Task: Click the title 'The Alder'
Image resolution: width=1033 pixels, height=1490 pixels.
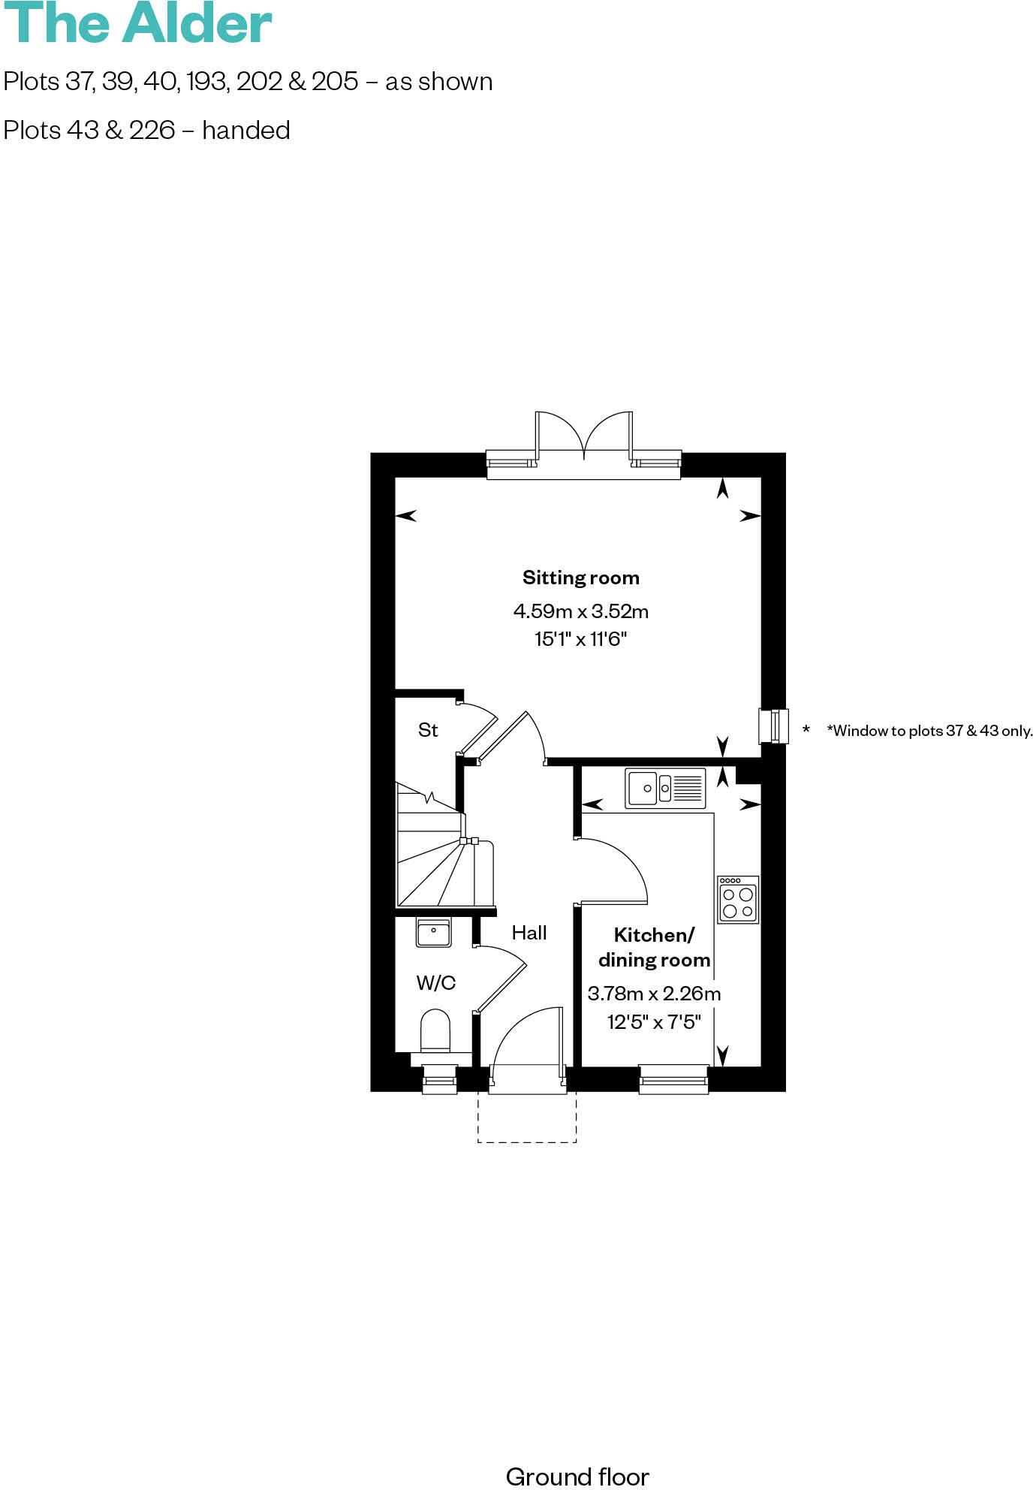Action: pos(137,24)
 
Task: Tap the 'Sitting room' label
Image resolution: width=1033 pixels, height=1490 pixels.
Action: pos(580,578)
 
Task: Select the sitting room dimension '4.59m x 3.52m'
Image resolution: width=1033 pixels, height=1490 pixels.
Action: pos(580,611)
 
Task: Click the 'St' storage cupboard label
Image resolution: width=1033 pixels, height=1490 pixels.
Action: pos(428,730)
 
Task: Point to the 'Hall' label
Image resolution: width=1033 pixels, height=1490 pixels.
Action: pos(529,933)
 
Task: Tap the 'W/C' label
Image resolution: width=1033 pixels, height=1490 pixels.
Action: pos(435,982)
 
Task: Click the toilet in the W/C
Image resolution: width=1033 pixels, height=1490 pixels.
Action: pos(435,1033)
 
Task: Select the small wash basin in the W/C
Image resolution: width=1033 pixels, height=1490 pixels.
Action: pos(433,934)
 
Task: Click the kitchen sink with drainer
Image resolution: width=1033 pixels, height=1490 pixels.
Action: pos(665,788)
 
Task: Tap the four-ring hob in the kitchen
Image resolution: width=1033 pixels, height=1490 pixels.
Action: pos(737,899)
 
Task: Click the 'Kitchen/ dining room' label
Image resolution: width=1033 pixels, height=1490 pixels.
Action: pos(654,947)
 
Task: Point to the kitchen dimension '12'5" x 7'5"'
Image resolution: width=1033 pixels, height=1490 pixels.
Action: pos(654,1021)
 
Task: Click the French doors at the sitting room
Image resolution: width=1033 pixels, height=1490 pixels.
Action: pos(583,443)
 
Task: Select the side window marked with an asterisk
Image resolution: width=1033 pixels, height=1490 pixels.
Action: pos(774,726)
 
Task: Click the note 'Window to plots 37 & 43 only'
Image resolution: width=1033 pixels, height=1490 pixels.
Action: pos(929,731)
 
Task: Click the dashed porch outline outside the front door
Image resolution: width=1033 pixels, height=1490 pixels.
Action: pos(527,1127)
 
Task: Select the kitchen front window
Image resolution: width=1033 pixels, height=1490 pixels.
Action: pos(673,1078)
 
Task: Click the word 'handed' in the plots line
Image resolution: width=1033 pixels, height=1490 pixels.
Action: pos(245,131)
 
